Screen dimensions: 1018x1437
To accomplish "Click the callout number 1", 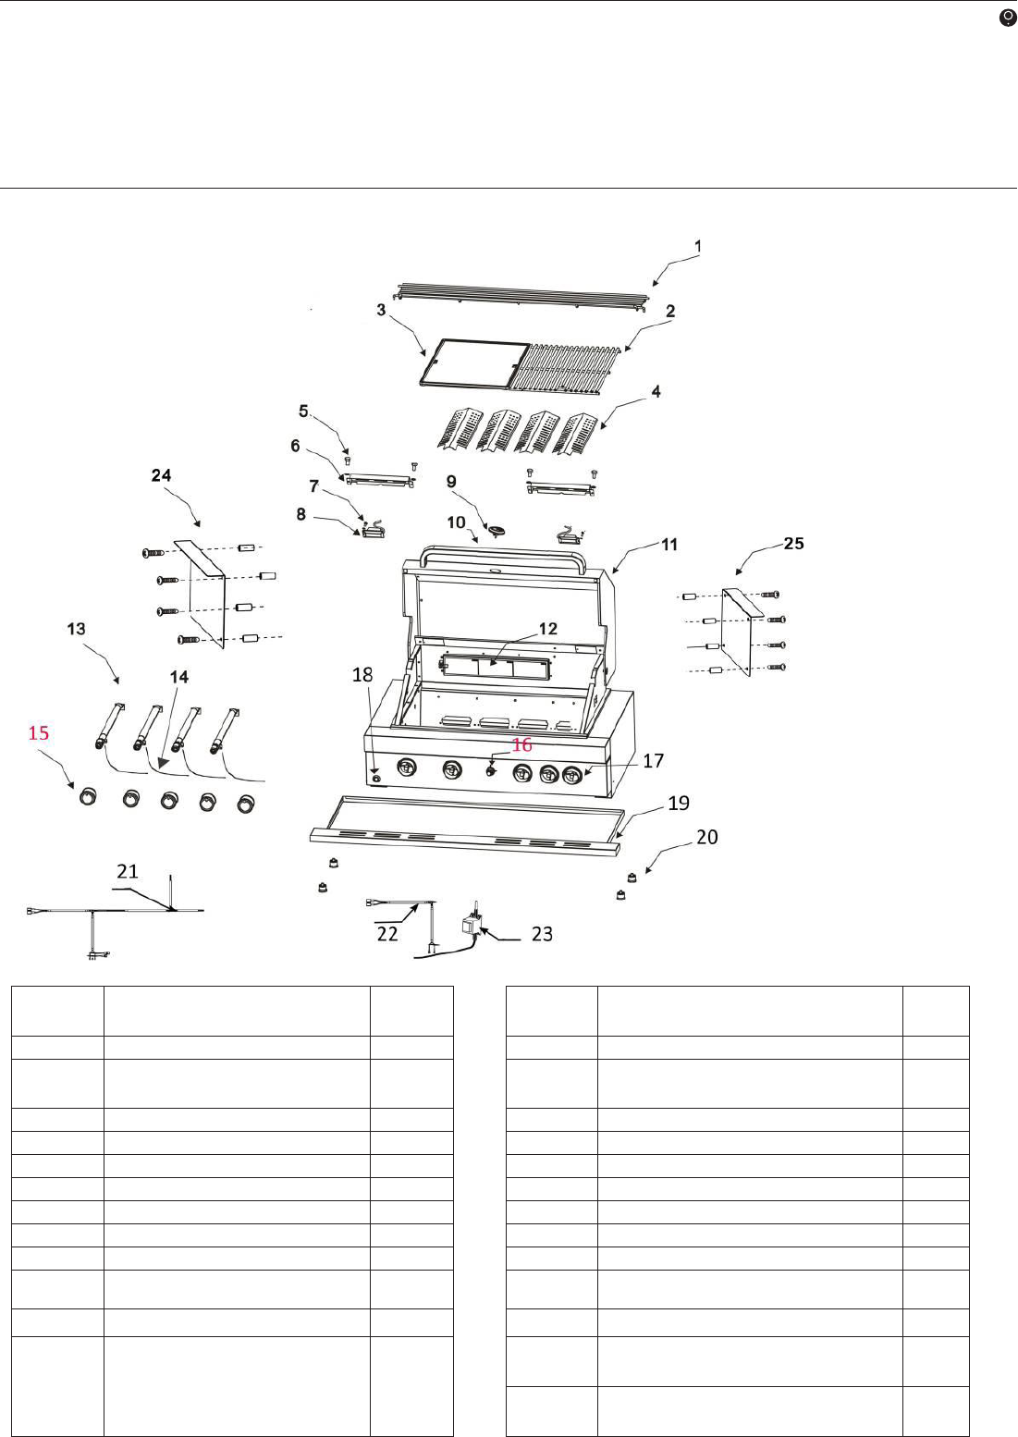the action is coord(698,246).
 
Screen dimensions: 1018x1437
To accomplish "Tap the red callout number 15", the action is coord(39,732).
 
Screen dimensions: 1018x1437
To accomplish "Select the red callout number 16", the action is coord(521,744).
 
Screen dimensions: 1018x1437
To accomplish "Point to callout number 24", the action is coord(161,475).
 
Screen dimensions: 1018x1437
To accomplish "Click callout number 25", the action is coord(793,544).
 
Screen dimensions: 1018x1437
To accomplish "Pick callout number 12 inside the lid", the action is coord(547,629).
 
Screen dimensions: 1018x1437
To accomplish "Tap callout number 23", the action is coord(542,934).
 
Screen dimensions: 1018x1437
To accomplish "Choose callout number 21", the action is coord(127,870).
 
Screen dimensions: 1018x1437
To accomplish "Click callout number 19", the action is coord(679,803).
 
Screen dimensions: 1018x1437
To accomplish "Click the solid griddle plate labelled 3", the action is coord(474,363).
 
